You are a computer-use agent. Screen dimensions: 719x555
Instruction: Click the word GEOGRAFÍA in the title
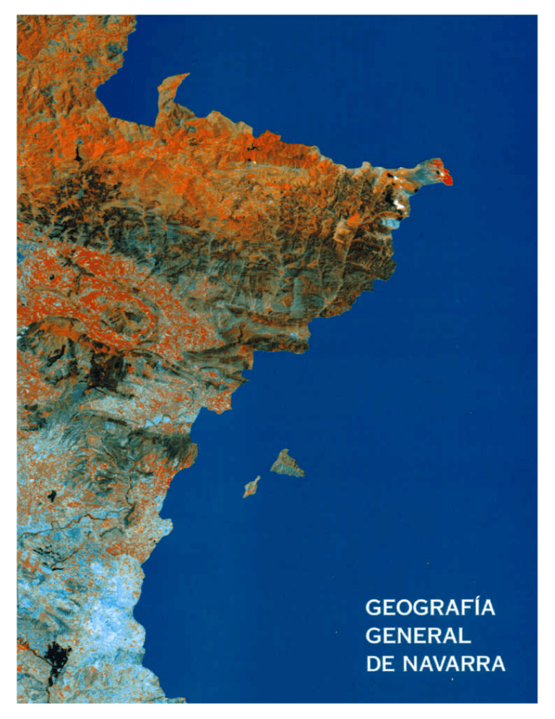(x=431, y=608)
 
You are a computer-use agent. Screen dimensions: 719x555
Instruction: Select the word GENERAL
(x=418, y=636)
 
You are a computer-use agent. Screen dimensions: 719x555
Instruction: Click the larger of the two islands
(x=287, y=463)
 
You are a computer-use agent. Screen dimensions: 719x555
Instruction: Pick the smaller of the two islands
(x=251, y=486)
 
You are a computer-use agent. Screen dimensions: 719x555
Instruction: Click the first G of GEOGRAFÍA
(x=375, y=608)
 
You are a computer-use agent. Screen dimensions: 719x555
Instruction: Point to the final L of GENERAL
(x=465, y=636)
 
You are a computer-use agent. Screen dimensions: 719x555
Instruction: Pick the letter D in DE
(x=374, y=664)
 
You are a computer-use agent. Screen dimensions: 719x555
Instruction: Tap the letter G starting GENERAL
(x=375, y=636)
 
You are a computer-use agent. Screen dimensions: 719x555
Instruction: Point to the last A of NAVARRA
(x=496, y=664)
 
